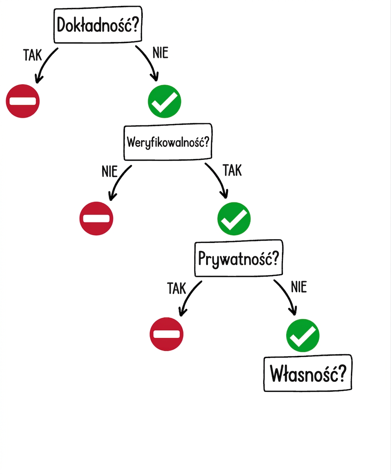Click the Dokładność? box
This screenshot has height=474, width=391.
[x=98, y=25]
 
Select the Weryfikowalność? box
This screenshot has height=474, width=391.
[x=168, y=142]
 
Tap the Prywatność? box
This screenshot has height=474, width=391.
[x=239, y=258]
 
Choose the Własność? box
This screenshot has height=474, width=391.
[x=308, y=373]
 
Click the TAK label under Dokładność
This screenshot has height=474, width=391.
[x=33, y=55]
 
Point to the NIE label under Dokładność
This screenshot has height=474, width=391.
[x=160, y=53]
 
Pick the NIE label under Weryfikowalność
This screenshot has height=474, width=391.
[x=109, y=172]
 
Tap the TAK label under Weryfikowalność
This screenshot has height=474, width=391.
[x=232, y=170]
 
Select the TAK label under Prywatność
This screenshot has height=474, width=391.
[x=177, y=288]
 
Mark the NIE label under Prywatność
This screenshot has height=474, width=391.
[x=299, y=287]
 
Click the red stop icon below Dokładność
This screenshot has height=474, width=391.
[x=23, y=101]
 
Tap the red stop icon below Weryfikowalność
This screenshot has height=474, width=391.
[x=96, y=218]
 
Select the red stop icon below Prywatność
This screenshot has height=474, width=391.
[x=166, y=334]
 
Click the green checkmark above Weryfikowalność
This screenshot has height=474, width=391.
[x=164, y=101]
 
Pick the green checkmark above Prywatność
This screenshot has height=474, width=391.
[x=234, y=219]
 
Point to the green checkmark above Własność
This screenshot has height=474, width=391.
[x=303, y=335]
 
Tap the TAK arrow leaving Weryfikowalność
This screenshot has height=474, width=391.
[x=219, y=178]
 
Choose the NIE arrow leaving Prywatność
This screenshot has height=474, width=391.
[x=288, y=295]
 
